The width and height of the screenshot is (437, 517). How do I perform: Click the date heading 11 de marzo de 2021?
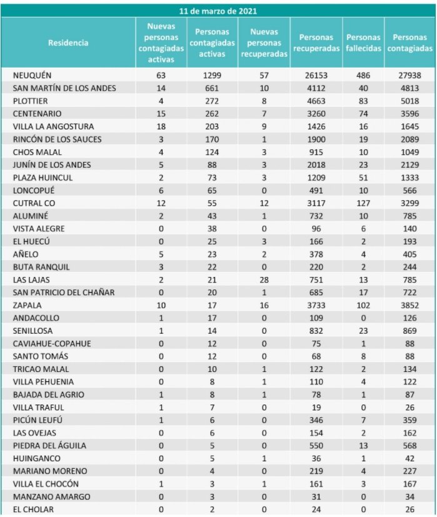(x=218, y=11)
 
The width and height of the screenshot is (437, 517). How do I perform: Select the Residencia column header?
(x=68, y=43)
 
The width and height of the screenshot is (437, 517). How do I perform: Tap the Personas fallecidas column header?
(x=363, y=43)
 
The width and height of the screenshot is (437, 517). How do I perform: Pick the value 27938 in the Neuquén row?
(x=410, y=75)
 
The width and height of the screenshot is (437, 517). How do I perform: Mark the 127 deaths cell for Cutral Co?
(x=363, y=203)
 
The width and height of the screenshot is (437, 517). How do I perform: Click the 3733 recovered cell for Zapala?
(x=316, y=304)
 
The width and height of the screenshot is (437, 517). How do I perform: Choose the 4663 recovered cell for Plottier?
(x=316, y=101)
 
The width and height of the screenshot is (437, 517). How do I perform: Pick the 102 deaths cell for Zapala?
(x=363, y=304)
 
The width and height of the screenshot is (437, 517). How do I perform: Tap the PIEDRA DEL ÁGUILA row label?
(x=49, y=445)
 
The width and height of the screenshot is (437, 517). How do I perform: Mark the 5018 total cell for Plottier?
(x=410, y=101)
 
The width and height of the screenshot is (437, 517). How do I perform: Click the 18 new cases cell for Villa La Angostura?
(x=162, y=126)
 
